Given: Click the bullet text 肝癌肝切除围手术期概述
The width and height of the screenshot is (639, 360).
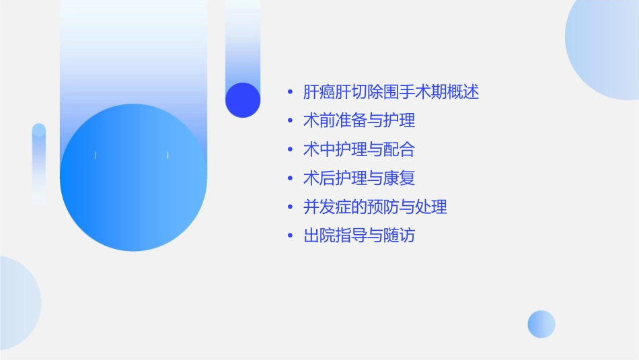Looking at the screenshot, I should pyautogui.click(x=391, y=92).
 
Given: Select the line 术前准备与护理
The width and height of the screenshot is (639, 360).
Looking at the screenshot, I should pyautogui.click(x=359, y=121).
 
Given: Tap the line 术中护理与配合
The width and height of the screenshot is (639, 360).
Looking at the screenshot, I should pyautogui.click(x=359, y=149).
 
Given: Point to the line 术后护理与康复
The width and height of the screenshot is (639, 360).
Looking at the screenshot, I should pyautogui.click(x=359, y=178).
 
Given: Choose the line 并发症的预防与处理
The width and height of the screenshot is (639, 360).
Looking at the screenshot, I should pyautogui.click(x=375, y=207).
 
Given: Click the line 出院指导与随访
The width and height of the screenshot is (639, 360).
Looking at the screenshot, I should pyautogui.click(x=359, y=236).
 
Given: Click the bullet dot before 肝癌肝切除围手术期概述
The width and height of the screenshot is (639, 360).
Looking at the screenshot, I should pyautogui.click(x=290, y=92).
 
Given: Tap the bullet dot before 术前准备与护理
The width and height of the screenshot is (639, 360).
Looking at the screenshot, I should pyautogui.click(x=290, y=121).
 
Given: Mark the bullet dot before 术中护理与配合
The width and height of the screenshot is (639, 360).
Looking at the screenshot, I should pyautogui.click(x=290, y=149).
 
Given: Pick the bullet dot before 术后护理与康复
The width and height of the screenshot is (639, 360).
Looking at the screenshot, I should pyautogui.click(x=290, y=178).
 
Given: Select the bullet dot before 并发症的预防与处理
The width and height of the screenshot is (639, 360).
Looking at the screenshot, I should pyautogui.click(x=290, y=207).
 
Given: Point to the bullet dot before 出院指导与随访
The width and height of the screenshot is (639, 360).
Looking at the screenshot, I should pyautogui.click(x=290, y=236).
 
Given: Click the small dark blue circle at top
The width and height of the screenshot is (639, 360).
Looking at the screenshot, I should pyautogui.click(x=243, y=100).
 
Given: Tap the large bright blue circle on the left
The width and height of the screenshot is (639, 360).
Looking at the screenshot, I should pyautogui.click(x=133, y=178).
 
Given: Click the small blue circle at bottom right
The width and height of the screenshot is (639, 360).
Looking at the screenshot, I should pyautogui.click(x=541, y=324).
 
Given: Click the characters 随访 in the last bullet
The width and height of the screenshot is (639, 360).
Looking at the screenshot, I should pyautogui.click(x=401, y=236).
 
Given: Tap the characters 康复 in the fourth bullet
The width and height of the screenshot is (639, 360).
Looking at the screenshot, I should pyautogui.click(x=401, y=178).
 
